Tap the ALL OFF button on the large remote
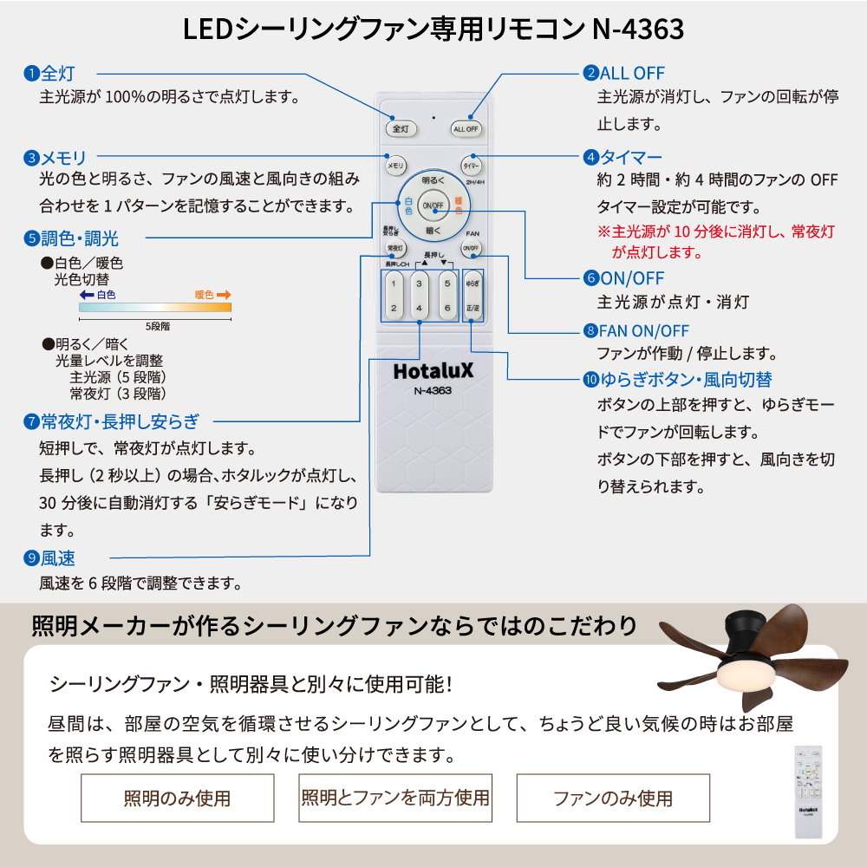click(x=466, y=128)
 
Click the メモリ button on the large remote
click(x=395, y=165)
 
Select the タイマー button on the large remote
click(x=472, y=165)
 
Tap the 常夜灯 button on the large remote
click(x=395, y=249)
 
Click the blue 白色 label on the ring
click(x=408, y=205)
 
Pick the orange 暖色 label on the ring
click(x=459, y=205)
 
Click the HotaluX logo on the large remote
click(x=433, y=370)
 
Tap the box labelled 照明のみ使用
click(x=177, y=798)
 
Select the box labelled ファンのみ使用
click(x=613, y=798)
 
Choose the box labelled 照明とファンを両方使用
click(x=395, y=798)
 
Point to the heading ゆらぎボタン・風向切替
click(x=684, y=379)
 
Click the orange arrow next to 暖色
click(x=224, y=295)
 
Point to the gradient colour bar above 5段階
click(x=155, y=307)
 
